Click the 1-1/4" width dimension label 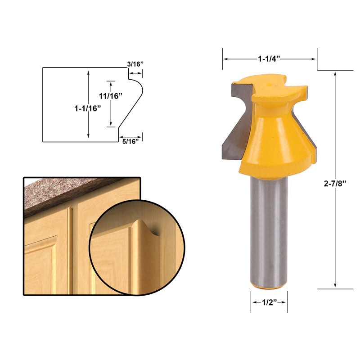[x=269, y=58]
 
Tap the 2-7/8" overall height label [x=336, y=184]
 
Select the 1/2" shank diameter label [x=269, y=302]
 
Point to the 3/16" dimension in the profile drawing [x=135, y=64]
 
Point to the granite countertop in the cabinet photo [x=67, y=191]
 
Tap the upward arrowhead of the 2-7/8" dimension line [x=336, y=73]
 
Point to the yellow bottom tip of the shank [x=269, y=287]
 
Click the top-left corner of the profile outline [x=43, y=68]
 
